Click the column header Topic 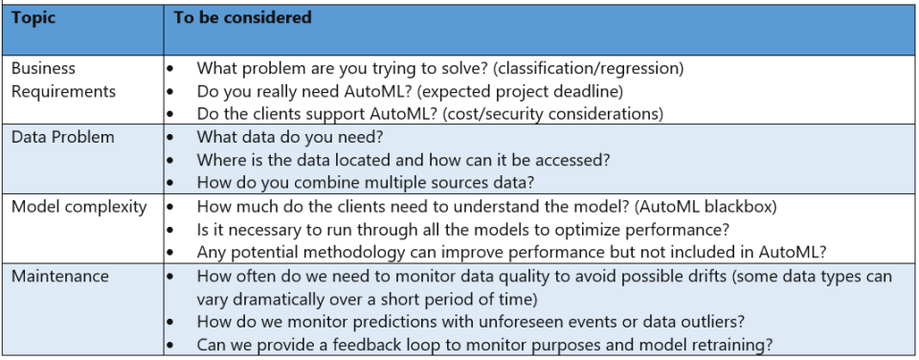click(34, 18)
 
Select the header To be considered click(242, 17)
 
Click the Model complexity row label click(79, 207)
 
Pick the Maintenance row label click(59, 276)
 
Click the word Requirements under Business click(63, 92)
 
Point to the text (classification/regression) click(588, 69)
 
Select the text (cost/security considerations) click(552, 114)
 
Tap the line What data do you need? click(289, 137)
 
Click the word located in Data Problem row click(362, 160)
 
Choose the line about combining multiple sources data click(365, 183)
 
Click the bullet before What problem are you click(170, 69)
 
